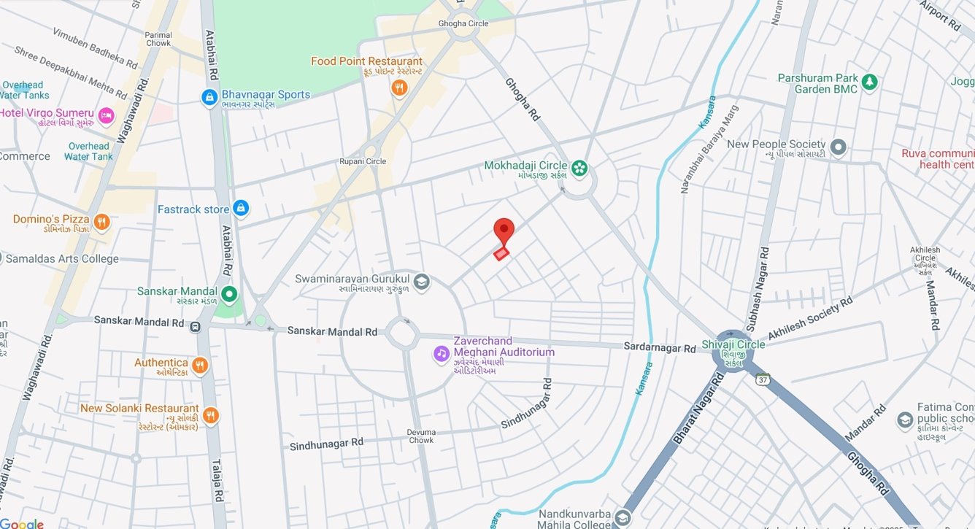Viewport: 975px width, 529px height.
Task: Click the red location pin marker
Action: tap(504, 231)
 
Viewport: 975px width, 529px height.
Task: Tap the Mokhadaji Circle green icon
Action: tap(579, 169)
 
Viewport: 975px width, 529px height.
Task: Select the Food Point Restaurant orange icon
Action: tap(398, 88)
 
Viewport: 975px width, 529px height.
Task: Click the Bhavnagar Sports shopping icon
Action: tap(209, 97)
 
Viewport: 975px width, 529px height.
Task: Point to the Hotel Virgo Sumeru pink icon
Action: tap(107, 115)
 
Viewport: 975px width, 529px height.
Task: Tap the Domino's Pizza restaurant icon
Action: tap(102, 222)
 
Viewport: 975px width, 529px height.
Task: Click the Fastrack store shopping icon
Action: tap(241, 209)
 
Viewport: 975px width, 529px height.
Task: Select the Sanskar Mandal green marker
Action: tap(230, 295)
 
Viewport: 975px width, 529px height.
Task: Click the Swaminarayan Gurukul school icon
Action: tap(421, 282)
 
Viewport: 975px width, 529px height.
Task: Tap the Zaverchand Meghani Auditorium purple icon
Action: tap(441, 354)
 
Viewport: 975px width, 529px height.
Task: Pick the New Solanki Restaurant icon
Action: tap(210, 415)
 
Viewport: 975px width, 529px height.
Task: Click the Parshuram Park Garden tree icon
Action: tap(869, 82)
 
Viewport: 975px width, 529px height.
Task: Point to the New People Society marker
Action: tap(839, 148)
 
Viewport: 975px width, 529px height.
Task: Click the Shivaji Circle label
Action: tap(733, 344)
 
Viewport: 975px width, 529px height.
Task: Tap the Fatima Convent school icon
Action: tap(905, 420)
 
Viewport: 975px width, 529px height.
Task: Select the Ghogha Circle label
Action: tap(463, 23)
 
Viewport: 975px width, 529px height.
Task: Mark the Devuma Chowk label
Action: tap(420, 436)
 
